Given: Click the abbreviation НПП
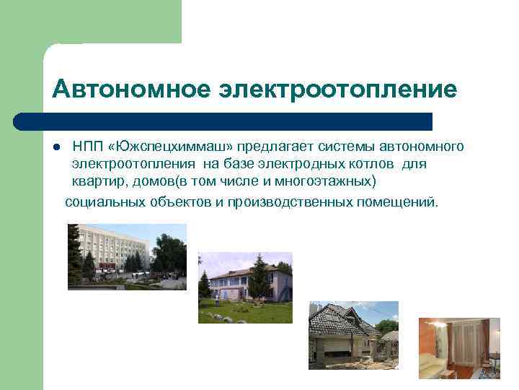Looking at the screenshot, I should [87, 147].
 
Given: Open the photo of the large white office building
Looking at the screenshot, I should [127, 256].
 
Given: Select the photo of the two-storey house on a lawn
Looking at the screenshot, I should [245, 287].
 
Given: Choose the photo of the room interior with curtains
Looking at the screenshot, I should [458, 348].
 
